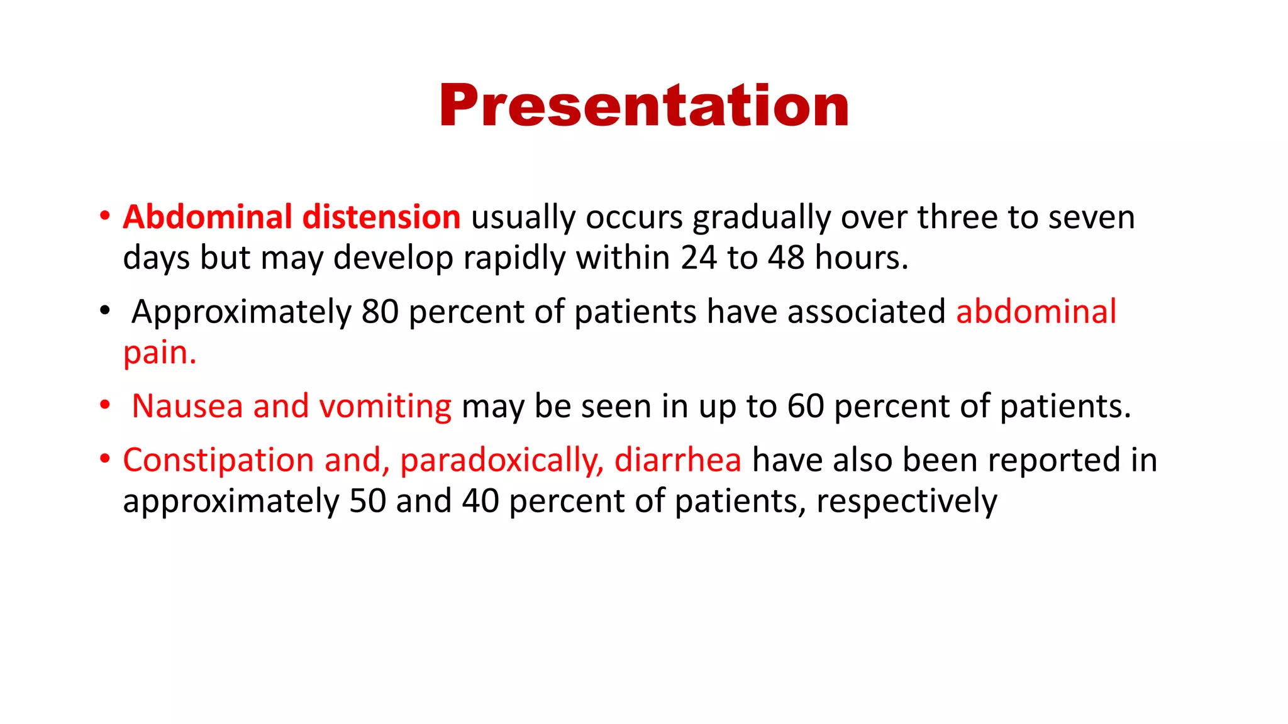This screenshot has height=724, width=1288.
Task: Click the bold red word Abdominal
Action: coord(208,217)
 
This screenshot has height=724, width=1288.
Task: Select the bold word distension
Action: coord(382,217)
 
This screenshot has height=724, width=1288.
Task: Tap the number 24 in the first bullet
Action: coord(698,258)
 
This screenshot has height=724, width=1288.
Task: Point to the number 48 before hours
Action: coord(786,258)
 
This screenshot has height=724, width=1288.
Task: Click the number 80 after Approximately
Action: coord(380,312)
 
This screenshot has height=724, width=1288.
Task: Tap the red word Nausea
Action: coord(187,406)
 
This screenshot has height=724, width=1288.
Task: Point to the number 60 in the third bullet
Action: coord(806,406)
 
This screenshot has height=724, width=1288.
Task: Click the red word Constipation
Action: coord(218,461)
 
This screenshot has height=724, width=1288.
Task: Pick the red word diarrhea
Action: coord(677,460)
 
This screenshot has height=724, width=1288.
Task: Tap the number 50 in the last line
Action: coord(367,502)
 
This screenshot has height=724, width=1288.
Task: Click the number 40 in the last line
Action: coord(480,502)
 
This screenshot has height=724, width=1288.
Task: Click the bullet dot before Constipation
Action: coord(105,459)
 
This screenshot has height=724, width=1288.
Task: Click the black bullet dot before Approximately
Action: coord(105,310)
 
